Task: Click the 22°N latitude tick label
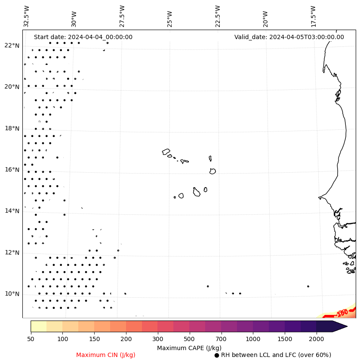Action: (12, 46)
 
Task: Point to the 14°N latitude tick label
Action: (12, 211)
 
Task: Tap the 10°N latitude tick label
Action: (12, 294)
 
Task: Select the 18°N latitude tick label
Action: (12, 128)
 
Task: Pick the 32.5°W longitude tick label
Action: (27, 16)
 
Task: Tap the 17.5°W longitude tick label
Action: (313, 16)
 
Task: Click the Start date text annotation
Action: (83, 37)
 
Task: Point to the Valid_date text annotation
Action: (289, 37)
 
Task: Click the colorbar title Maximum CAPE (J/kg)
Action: (189, 348)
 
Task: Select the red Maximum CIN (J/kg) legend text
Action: (106, 355)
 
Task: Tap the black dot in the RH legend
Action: (217, 355)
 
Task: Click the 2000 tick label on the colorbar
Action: (317, 339)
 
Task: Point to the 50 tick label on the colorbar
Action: (31, 339)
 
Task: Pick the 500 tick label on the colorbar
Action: (190, 339)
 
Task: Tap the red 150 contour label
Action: (342, 313)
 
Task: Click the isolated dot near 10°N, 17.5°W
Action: (308, 286)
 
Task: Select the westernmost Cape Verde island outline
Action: (166, 152)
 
